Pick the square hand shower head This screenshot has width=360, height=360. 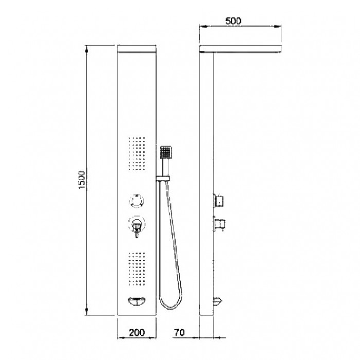(x=166, y=152)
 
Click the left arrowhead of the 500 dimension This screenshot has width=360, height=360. (x=203, y=28)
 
